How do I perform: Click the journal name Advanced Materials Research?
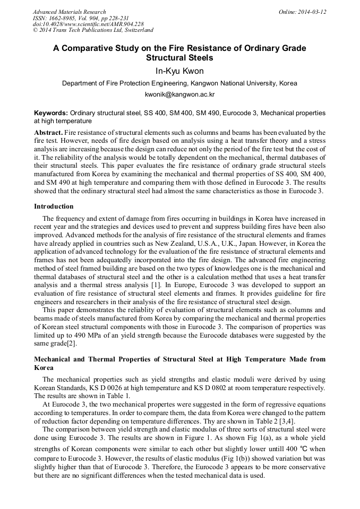pyautogui.click(x=69, y=12)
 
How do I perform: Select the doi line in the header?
pyautogui.click(x=88, y=24)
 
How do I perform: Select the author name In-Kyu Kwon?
pyautogui.click(x=179, y=71)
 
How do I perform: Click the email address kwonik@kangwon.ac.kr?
pyautogui.click(x=179, y=94)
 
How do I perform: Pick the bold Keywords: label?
pyautogui.click(x=51, y=113)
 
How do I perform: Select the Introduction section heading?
pyautogui.click(x=54, y=206)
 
